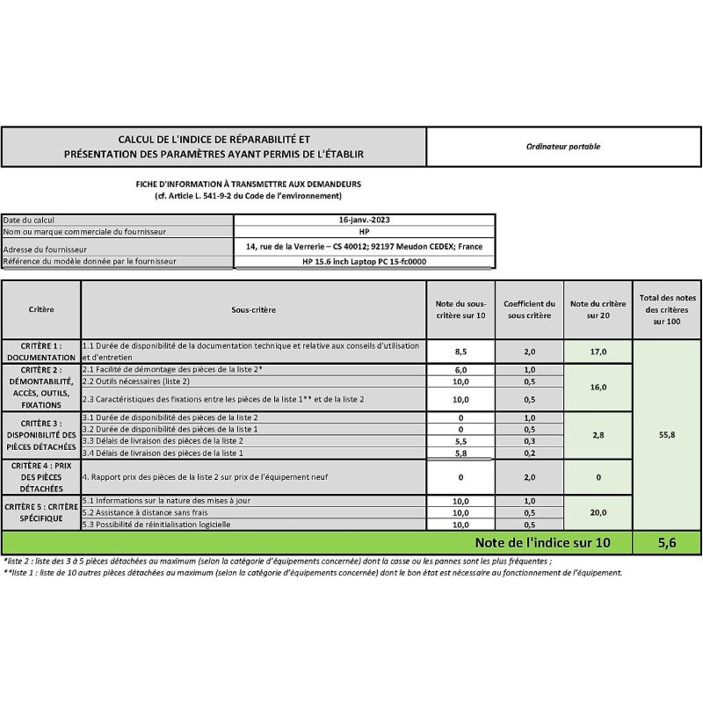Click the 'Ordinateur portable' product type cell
tap(564, 147)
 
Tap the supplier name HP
tap(366, 231)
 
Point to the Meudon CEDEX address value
tap(366, 247)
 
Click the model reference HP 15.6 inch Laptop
tap(366, 261)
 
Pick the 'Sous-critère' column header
tap(253, 309)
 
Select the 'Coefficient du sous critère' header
tap(529, 309)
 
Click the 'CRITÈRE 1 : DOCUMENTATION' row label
tap(40, 351)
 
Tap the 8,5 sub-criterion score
tap(460, 351)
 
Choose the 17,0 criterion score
tap(598, 351)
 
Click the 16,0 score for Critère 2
tap(598, 387)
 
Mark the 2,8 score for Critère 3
tap(598, 434)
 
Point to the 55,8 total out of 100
tap(666, 434)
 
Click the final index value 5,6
tap(666, 543)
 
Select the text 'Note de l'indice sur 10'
tap(541, 543)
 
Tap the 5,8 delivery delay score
tap(460, 453)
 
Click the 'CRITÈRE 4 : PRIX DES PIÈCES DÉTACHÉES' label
tap(40, 476)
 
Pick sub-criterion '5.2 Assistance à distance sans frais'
tap(141, 512)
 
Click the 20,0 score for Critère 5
tap(598, 512)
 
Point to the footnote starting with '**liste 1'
tap(312, 572)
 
